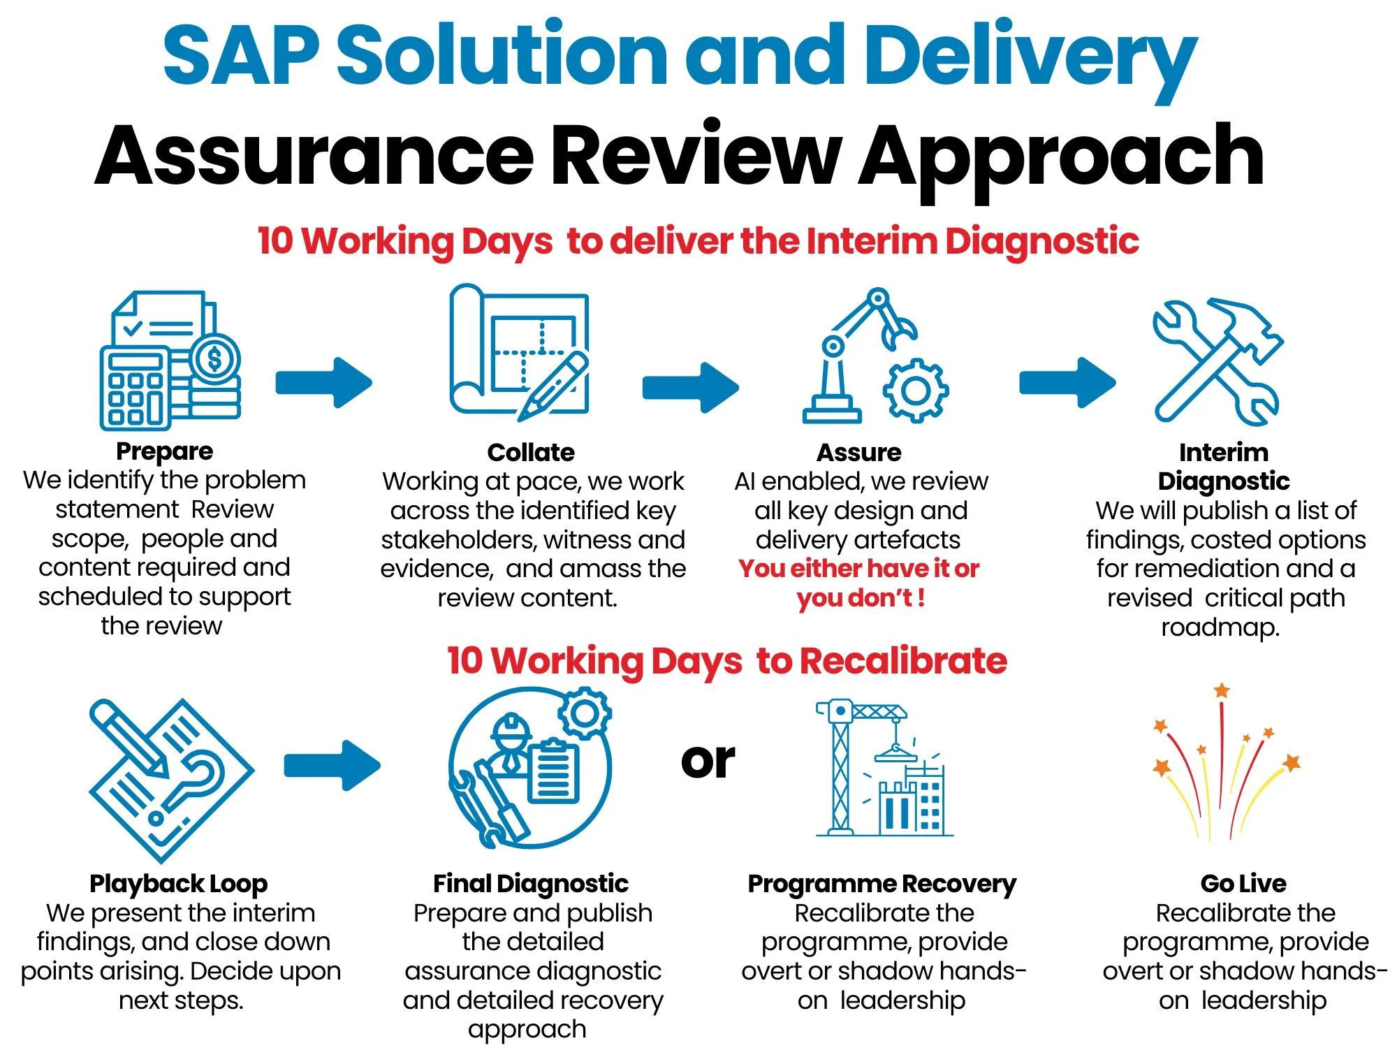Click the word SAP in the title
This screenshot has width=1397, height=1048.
coord(241,54)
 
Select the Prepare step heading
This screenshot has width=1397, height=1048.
coord(164,451)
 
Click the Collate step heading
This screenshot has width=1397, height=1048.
coord(531,453)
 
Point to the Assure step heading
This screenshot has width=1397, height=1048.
coord(859,453)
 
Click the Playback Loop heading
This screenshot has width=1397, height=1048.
coord(179,884)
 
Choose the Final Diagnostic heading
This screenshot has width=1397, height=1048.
coord(531,884)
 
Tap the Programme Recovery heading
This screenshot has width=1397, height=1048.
coord(882,884)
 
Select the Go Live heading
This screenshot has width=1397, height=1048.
coord(1243,884)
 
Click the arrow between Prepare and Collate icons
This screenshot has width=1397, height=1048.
coord(323,382)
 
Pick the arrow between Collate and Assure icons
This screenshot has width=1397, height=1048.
coord(690,386)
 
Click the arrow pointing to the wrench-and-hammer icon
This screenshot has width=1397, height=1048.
coord(1067,382)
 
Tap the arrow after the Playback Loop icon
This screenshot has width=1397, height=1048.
coord(332,765)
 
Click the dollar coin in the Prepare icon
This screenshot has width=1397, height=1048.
coord(214,359)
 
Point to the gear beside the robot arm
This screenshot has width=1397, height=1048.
coord(916,390)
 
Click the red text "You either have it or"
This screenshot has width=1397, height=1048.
coord(858,569)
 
